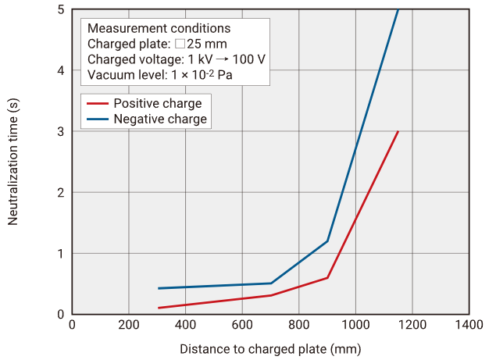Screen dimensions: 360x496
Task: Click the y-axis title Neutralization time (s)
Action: [x=13, y=162]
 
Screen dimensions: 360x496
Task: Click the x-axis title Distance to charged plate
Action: [x=270, y=348]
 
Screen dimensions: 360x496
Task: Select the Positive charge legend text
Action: [x=157, y=104]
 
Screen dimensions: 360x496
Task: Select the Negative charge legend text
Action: [x=160, y=119]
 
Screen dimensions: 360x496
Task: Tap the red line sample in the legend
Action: [x=98, y=104]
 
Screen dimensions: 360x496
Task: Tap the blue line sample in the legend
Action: [x=98, y=119]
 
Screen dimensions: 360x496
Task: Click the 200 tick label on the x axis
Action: [x=129, y=324]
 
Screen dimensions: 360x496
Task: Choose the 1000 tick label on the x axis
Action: [x=355, y=324]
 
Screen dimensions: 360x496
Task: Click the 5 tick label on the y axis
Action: [x=60, y=9]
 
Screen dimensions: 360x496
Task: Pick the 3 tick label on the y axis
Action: [x=60, y=131]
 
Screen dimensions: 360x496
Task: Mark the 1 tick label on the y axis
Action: [x=60, y=253]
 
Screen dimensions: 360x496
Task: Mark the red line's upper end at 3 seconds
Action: [x=398, y=131]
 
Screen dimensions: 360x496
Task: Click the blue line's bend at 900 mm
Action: [x=327, y=241]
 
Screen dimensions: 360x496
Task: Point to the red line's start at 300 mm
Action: [x=158, y=308]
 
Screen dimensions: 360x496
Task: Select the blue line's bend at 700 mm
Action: [x=271, y=283]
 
